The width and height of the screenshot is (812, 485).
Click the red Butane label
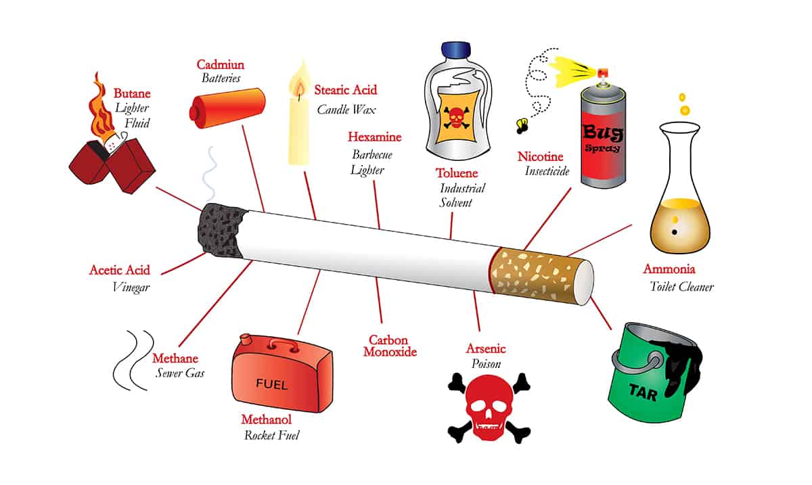point(132,93)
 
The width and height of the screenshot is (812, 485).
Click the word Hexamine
point(374,137)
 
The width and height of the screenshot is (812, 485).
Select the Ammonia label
point(669,269)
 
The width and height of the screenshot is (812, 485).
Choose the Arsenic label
point(486,349)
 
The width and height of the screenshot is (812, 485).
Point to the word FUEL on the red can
point(272,385)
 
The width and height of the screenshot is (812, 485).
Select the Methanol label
point(265,420)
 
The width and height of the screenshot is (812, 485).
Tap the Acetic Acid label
point(120,270)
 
